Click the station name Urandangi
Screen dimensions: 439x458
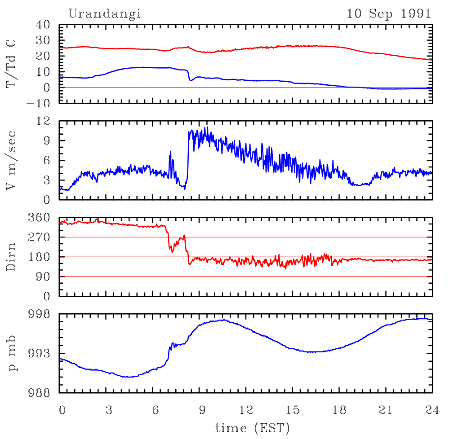(104, 13)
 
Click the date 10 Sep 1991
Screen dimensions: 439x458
(389, 13)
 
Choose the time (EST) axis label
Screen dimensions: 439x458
(252, 427)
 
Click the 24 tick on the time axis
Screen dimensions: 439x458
(432, 409)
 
